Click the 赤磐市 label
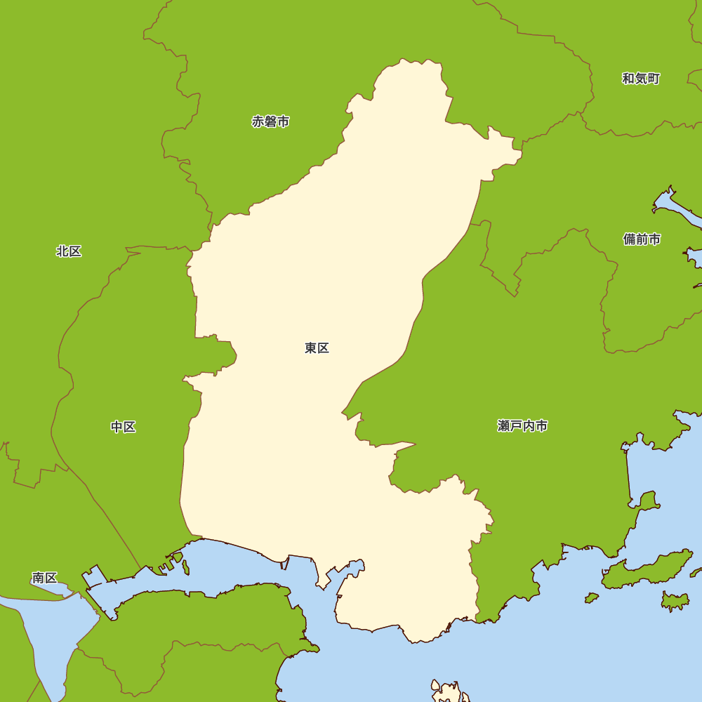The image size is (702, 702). [x=270, y=121]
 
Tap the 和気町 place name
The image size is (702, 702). [x=640, y=79]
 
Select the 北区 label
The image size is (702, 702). [x=69, y=251]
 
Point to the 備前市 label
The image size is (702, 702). [x=642, y=239]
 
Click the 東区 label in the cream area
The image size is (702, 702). [x=317, y=348]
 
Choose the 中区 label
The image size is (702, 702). [x=123, y=427]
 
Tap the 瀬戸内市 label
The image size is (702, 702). [x=522, y=426]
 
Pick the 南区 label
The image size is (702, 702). [x=44, y=578]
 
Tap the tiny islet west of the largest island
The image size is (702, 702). [x=592, y=598]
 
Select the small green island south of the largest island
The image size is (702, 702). [x=675, y=600]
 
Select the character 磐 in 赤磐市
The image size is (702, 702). [x=270, y=121]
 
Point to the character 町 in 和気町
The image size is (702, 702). [x=654, y=79]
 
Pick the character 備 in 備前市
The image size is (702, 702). [x=629, y=239]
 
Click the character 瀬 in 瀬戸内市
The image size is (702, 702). [x=503, y=426]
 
